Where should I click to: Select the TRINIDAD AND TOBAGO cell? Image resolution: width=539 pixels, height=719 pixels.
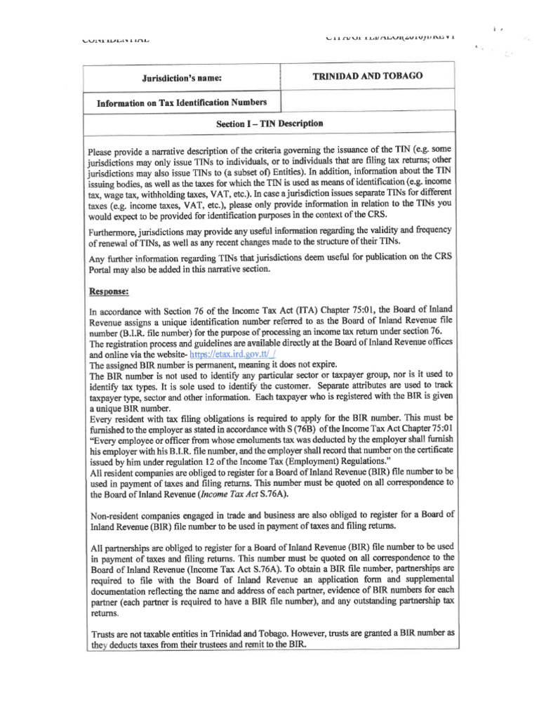pyautogui.click(x=368, y=76)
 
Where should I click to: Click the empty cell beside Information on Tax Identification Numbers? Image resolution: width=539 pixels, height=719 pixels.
pyautogui.click(x=368, y=103)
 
